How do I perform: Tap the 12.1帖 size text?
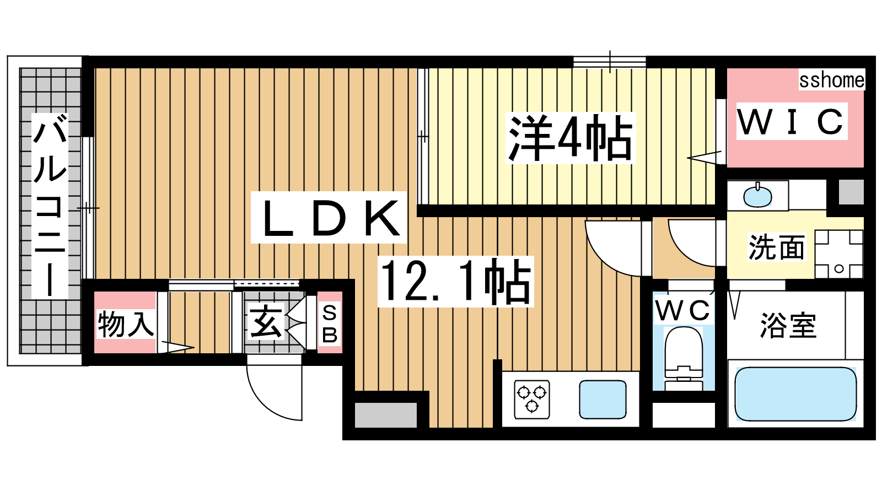click(x=456, y=282)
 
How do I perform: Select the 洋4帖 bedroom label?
click(x=571, y=138)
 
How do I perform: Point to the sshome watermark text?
click(x=832, y=80)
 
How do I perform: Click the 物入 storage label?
click(x=126, y=324)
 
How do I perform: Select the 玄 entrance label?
click(x=266, y=322)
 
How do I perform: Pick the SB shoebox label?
click(x=330, y=325)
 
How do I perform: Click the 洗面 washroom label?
click(x=777, y=247)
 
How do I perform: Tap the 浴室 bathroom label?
click(x=788, y=325)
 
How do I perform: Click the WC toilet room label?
click(x=683, y=311)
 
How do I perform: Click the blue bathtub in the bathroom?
click(x=796, y=394)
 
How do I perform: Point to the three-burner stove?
click(x=532, y=399)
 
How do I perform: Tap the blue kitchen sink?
click(x=603, y=399)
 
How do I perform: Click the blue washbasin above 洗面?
click(x=757, y=196)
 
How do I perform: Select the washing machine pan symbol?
click(x=838, y=254)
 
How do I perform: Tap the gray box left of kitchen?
click(x=386, y=415)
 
